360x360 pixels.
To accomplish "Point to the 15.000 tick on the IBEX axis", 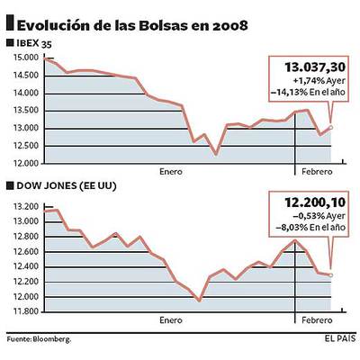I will pyautogui.click(x=25, y=58).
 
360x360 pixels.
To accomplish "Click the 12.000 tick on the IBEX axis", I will pyautogui.click(x=25, y=164).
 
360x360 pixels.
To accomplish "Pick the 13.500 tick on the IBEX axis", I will pyautogui.click(x=25, y=111).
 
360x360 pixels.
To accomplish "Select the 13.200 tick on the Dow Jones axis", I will pyautogui.click(x=25, y=206).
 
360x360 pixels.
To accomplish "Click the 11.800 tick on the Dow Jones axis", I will pyautogui.click(x=25, y=311).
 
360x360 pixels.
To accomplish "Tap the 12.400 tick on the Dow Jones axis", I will pyautogui.click(x=25, y=266).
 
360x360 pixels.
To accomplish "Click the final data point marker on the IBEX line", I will pyautogui.click(x=332, y=127).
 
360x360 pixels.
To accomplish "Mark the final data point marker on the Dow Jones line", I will pyautogui.click(x=332, y=274).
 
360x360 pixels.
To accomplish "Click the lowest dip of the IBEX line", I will pyautogui.click(x=216, y=154).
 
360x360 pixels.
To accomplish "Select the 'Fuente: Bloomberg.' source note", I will pyautogui.click(x=39, y=339).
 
